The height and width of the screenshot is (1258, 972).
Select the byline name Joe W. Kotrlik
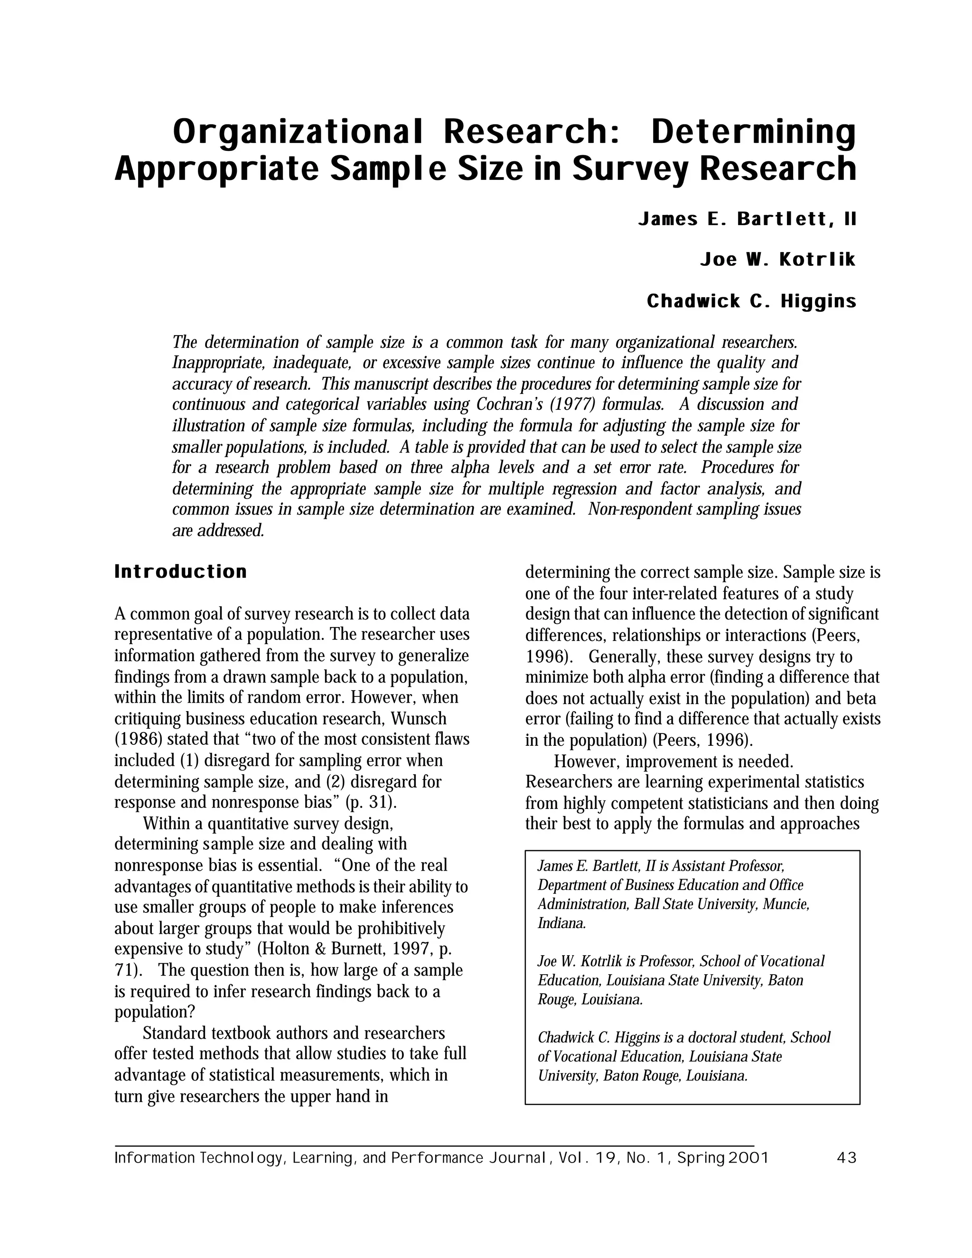click(778, 260)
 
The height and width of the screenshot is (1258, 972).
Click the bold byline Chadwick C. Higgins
click(751, 301)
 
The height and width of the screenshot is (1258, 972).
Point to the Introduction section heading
click(181, 572)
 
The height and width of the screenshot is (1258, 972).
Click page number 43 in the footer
click(847, 1158)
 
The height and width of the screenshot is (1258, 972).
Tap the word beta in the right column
click(861, 698)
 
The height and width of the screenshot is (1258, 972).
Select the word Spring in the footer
click(701, 1158)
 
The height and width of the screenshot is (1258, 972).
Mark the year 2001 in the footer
click(748, 1158)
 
